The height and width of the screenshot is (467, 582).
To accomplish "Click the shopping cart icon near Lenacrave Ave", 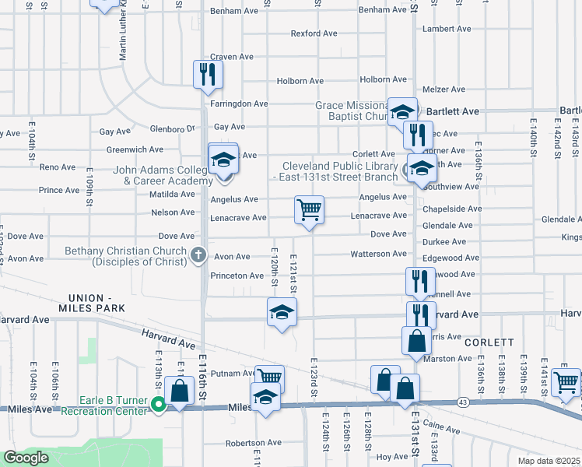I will [309, 210].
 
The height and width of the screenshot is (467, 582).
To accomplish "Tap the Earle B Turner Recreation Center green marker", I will [159, 404].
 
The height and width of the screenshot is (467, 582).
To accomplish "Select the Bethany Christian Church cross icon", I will [198, 254].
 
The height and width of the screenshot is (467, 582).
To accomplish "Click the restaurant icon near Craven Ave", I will [208, 75].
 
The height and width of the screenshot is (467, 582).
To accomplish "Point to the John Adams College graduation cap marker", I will [223, 161].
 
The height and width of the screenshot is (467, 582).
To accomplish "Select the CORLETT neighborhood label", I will [489, 342].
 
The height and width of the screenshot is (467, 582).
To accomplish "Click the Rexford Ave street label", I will [314, 33].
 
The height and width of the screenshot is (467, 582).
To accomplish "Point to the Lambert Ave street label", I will [447, 29].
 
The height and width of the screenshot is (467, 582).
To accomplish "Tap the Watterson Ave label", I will [379, 254].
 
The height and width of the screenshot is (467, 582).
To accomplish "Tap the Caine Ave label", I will [444, 429].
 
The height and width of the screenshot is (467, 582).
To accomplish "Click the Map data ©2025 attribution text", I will [549, 461].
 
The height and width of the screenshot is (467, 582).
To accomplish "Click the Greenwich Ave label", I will [135, 149].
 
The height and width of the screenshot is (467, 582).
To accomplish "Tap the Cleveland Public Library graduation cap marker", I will [420, 169].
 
